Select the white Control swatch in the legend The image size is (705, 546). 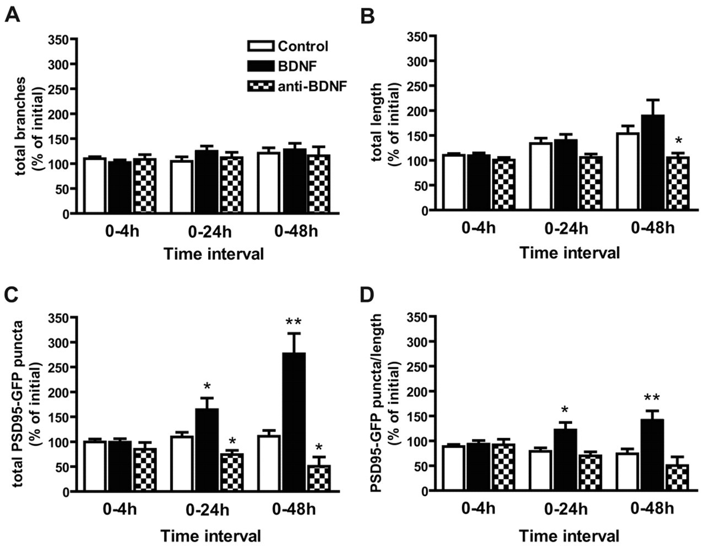(x=261, y=46)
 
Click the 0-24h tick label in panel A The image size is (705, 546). (x=210, y=231)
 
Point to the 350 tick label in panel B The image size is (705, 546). (x=415, y=36)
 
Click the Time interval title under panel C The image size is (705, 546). (x=211, y=535)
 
